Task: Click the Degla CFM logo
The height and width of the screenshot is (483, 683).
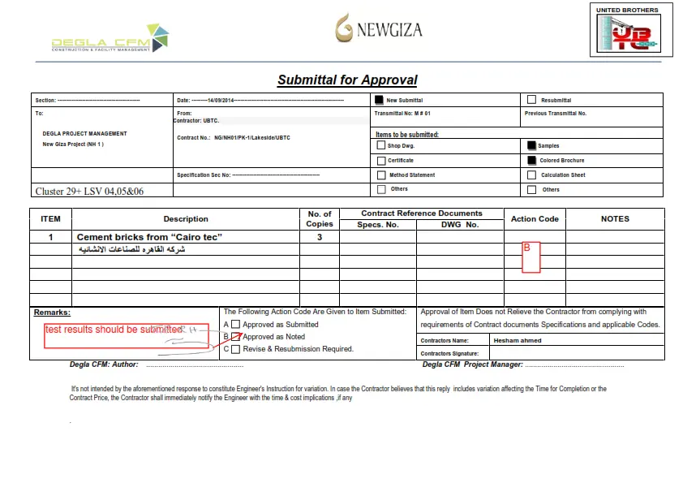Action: [110, 39]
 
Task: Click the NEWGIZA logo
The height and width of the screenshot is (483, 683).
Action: [378, 29]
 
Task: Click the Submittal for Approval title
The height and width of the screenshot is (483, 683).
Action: [347, 80]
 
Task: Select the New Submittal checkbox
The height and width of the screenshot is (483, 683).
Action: [379, 100]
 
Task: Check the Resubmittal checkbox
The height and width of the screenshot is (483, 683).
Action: [531, 100]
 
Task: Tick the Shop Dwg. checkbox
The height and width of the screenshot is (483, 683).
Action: [381, 145]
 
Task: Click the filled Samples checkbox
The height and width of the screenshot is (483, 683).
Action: [531, 145]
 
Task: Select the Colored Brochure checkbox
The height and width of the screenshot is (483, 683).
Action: [531, 160]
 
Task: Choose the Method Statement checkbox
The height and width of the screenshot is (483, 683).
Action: [381, 175]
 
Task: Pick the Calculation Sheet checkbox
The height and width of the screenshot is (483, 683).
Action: [531, 175]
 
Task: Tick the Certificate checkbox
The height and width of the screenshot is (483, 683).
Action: [381, 160]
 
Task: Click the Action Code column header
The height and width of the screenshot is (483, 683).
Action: [535, 218]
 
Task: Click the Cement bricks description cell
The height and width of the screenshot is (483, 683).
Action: [149, 237]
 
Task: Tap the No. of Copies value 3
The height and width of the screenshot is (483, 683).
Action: [320, 237]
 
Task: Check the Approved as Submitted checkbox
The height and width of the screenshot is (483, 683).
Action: [236, 324]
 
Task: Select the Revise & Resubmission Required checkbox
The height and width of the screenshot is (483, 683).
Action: [236, 349]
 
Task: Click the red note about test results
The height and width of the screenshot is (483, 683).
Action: [114, 330]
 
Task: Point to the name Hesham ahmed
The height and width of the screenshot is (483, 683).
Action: [517, 340]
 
